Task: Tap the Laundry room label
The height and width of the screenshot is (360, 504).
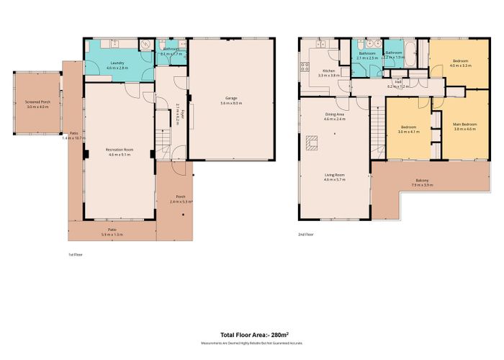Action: pyautogui.click(x=117, y=63)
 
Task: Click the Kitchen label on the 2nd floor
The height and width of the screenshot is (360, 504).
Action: pyautogui.click(x=328, y=71)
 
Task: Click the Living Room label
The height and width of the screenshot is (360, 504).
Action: pyautogui.click(x=336, y=174)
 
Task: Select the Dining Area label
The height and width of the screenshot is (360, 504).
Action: pyautogui.click(x=333, y=114)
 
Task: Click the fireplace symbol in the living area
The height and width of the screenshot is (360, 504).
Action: pyautogui.click(x=312, y=144)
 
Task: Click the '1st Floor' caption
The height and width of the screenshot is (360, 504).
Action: pyautogui.click(x=74, y=253)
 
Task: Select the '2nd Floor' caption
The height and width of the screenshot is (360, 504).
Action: pyautogui.click(x=306, y=233)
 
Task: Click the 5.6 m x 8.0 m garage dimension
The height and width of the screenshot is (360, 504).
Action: pyautogui.click(x=230, y=103)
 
